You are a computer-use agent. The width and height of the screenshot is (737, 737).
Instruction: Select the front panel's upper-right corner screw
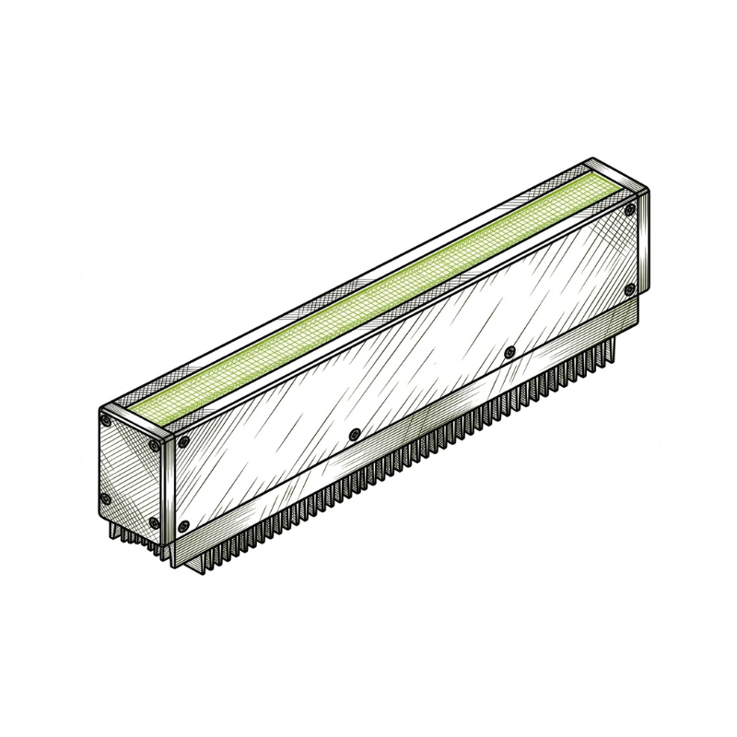click(x=630, y=212)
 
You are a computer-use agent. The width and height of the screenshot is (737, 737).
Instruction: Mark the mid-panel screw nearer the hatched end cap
click(x=354, y=434)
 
